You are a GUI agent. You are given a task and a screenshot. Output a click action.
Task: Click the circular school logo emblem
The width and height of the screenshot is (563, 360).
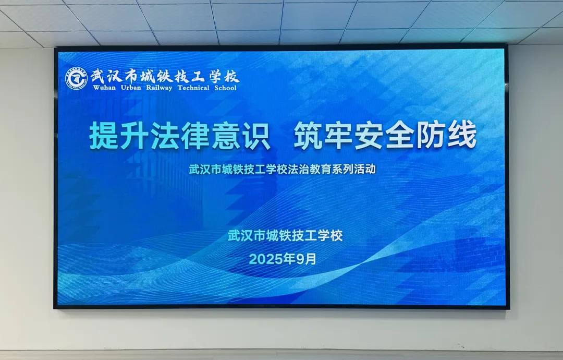[x=76, y=79]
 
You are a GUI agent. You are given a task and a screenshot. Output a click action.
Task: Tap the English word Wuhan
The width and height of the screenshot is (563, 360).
[x=104, y=88]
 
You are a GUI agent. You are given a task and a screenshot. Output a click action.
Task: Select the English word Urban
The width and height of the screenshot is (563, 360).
[x=131, y=88]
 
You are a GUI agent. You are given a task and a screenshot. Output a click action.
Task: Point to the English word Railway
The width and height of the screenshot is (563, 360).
[x=159, y=88]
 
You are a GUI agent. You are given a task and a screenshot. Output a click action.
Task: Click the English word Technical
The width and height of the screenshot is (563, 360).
[x=193, y=88]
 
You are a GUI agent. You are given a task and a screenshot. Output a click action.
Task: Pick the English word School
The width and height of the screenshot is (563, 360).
[x=226, y=88]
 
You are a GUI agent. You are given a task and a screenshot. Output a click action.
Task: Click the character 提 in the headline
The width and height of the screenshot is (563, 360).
[x=104, y=136]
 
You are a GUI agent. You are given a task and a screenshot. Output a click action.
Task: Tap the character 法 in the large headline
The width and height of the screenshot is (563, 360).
[x=165, y=136]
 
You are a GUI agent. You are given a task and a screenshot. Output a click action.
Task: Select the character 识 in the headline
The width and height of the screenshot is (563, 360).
[x=256, y=136]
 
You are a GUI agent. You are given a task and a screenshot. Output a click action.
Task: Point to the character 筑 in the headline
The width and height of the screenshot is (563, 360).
[x=309, y=136]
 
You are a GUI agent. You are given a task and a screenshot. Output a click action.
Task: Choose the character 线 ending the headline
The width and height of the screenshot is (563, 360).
[x=462, y=136]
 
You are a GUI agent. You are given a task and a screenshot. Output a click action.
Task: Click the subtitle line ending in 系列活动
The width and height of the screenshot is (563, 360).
[x=283, y=169]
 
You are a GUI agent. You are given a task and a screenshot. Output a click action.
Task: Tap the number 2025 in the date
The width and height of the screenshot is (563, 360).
[x=266, y=259]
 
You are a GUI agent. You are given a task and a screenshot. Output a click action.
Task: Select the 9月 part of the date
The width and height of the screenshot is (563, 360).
[x=307, y=259]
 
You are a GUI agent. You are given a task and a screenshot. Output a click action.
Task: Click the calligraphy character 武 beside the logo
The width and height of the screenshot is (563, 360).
[x=98, y=76]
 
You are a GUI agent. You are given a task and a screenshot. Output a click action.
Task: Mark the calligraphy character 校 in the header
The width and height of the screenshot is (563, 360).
[x=231, y=76]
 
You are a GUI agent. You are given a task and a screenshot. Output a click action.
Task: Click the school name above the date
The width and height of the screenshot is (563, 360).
[x=286, y=236]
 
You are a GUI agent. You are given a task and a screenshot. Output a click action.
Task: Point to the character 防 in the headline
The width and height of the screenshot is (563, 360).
[x=431, y=136]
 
